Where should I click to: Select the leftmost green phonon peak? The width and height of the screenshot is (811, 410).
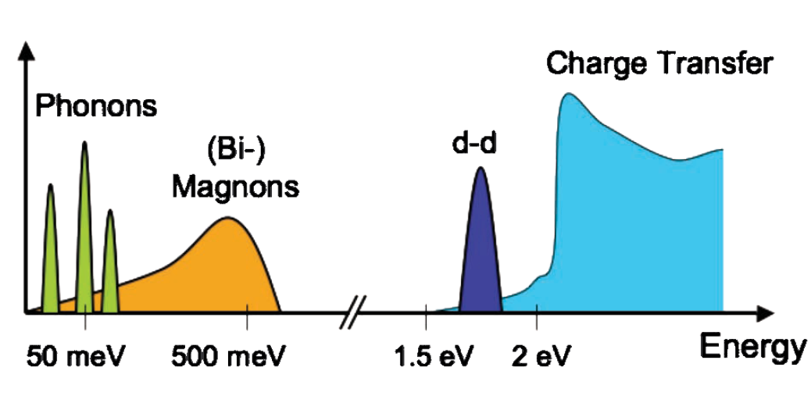[51, 250]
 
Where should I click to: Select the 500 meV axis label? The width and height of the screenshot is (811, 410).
[227, 357]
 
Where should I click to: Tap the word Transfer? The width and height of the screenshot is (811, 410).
[715, 63]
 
